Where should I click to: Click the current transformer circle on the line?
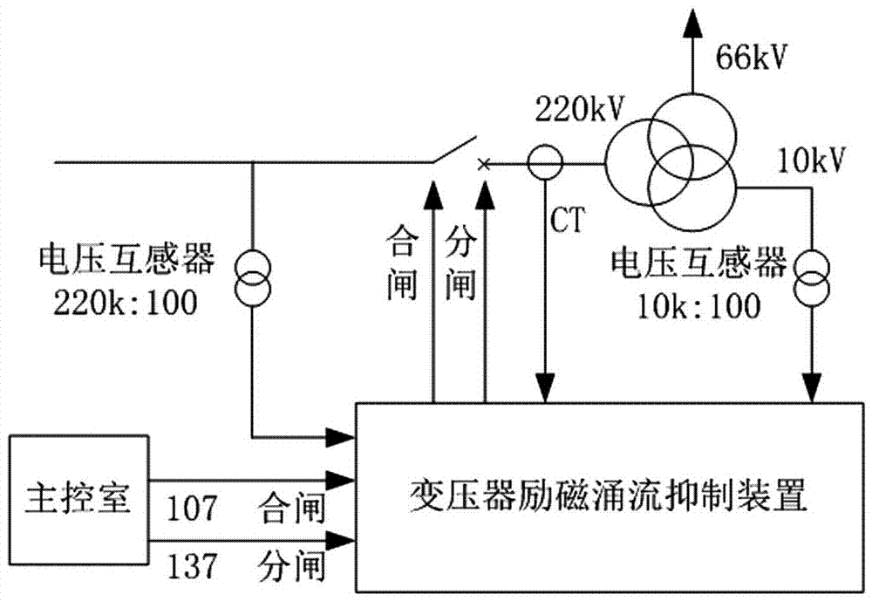click(x=546, y=162)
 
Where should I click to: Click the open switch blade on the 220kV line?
click(x=454, y=149)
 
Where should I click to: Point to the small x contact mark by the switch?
click(x=485, y=163)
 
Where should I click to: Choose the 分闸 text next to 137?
click(x=292, y=569)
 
